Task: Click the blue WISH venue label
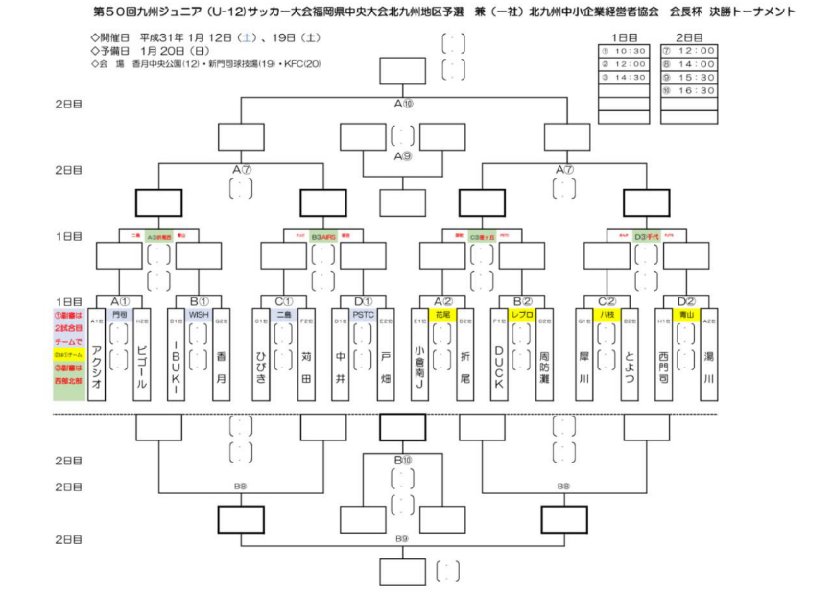(199, 314)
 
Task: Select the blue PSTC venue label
(364, 314)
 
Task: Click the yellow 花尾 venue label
(443, 314)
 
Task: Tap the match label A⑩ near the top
(404, 104)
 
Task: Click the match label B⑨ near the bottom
(403, 538)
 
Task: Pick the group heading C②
(606, 300)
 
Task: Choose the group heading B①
(199, 300)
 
